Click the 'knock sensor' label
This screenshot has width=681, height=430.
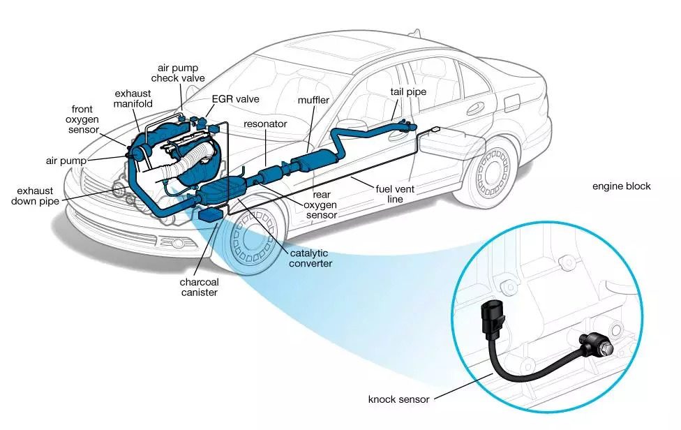398,400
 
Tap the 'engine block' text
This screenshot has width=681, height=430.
621,186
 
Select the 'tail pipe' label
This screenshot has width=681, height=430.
408,91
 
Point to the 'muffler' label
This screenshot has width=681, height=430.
313,101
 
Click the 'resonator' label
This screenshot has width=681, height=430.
265,124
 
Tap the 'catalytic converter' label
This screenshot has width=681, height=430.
308,258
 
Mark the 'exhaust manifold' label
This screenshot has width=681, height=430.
133,98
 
